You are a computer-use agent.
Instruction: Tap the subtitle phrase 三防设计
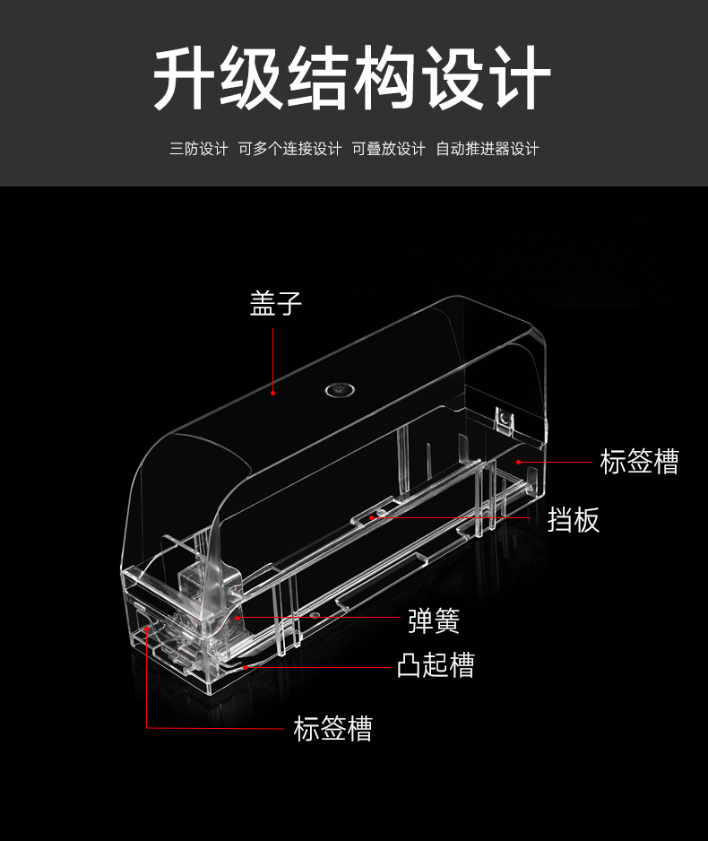[x=199, y=149]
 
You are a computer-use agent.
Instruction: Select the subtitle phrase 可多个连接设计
[x=290, y=149]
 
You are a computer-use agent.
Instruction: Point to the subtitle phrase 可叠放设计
[x=389, y=149]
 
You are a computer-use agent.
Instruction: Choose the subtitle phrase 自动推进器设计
[x=488, y=149]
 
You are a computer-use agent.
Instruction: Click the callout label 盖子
[x=275, y=304]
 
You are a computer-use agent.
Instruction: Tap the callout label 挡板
[x=573, y=520]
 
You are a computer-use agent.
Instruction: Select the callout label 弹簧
[x=434, y=620]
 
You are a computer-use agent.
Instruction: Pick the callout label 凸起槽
[x=436, y=665]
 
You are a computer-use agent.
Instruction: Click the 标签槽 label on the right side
[x=639, y=461]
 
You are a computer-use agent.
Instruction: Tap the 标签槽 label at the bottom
[x=332, y=728]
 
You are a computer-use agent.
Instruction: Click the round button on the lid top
[x=340, y=390]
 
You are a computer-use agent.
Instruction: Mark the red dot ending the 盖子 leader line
[x=272, y=393]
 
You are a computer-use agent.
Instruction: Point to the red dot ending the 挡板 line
[x=372, y=517]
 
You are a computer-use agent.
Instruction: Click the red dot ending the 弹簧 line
[x=237, y=618]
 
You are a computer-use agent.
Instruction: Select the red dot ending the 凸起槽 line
[x=245, y=667]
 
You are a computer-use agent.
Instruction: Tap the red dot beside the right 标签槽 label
[x=518, y=462]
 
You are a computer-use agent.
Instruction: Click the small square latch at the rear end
[x=504, y=419]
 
